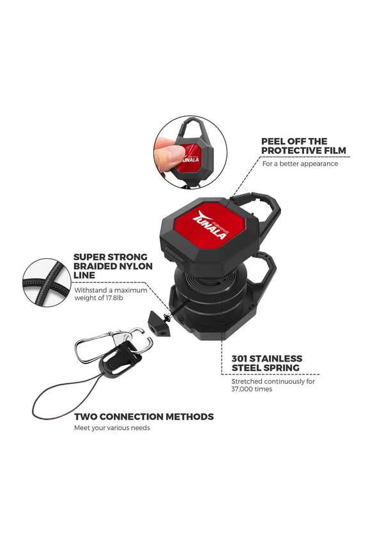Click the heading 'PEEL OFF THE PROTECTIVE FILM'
click(303, 146)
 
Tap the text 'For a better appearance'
click(300, 164)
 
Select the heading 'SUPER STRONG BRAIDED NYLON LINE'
click(113, 266)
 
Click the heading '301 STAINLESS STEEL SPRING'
click(266, 363)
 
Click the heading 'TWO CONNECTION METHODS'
click(144, 417)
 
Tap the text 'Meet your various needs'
click(112, 428)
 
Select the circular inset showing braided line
click(47, 282)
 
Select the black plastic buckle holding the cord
click(121, 358)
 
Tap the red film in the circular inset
click(190, 158)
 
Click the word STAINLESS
click(277, 358)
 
